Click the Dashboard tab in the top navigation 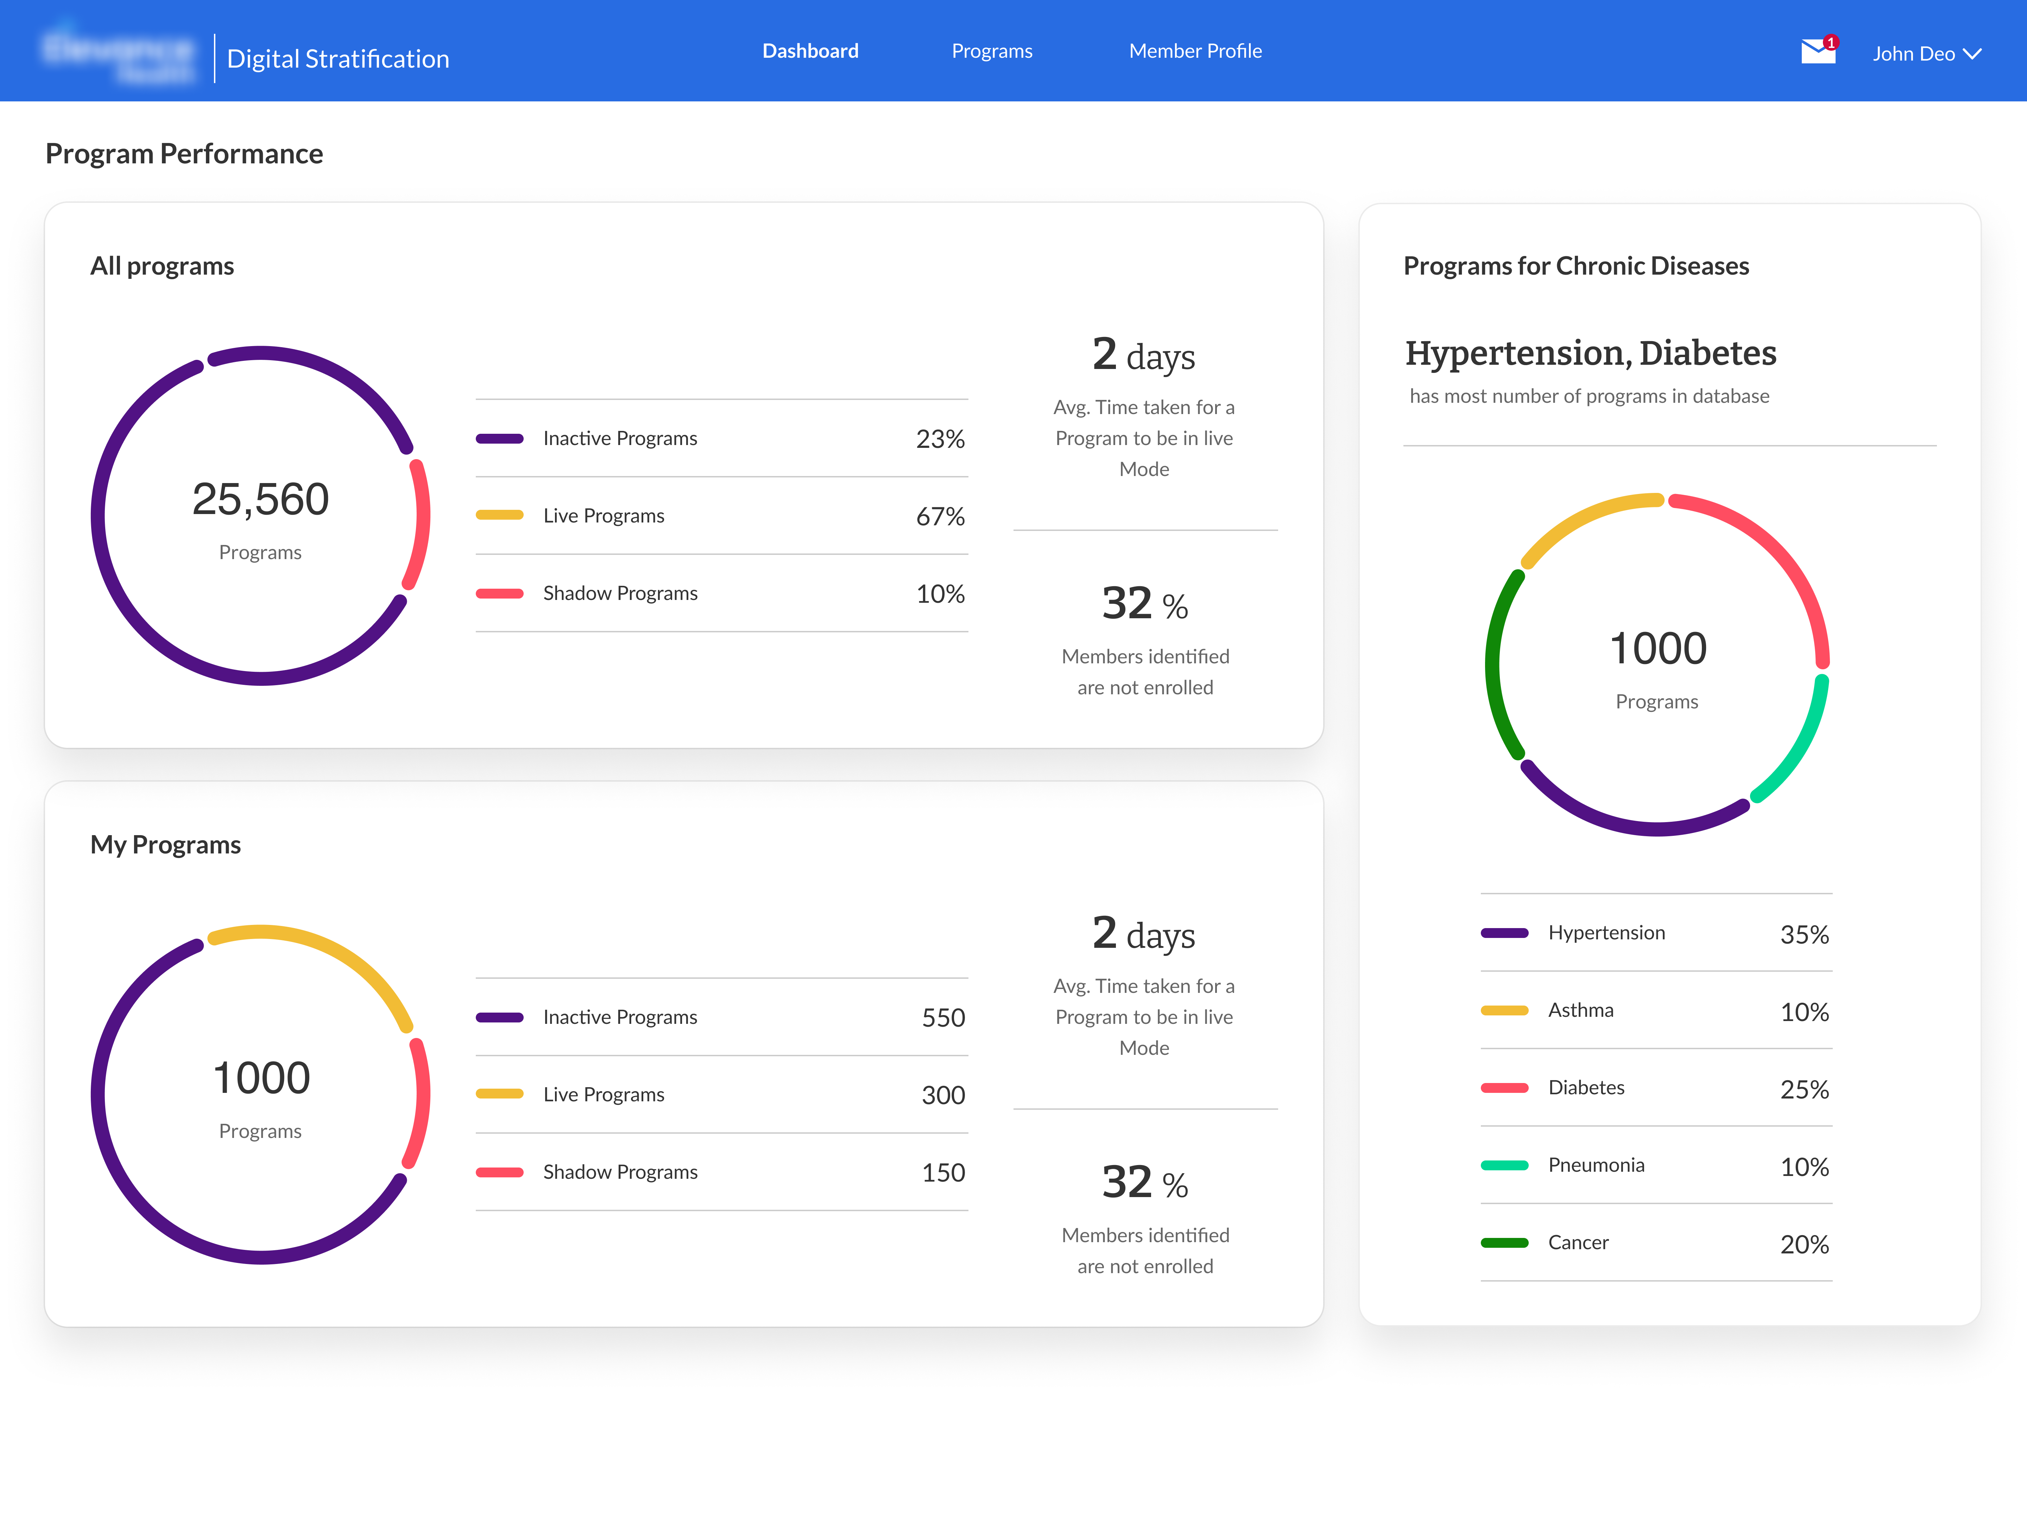point(810,51)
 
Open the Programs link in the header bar point(992,51)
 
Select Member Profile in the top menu point(1195,51)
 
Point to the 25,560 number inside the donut point(260,500)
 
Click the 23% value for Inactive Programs point(940,439)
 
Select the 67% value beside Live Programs point(940,516)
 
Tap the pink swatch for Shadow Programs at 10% point(499,593)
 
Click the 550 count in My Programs point(943,1018)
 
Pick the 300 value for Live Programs point(943,1095)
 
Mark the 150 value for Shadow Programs point(943,1172)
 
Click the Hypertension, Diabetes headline point(1590,353)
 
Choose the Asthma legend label point(1581,1010)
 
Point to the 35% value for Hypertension point(1804,934)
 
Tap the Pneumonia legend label point(1596,1165)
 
